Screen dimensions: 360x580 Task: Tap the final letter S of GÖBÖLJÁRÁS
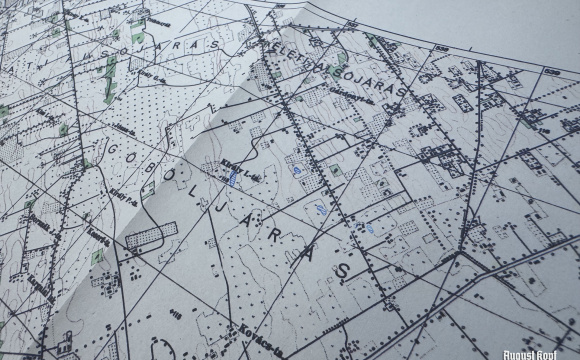(x=346, y=271)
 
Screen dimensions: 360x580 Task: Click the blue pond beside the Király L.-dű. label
(x=233, y=180)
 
